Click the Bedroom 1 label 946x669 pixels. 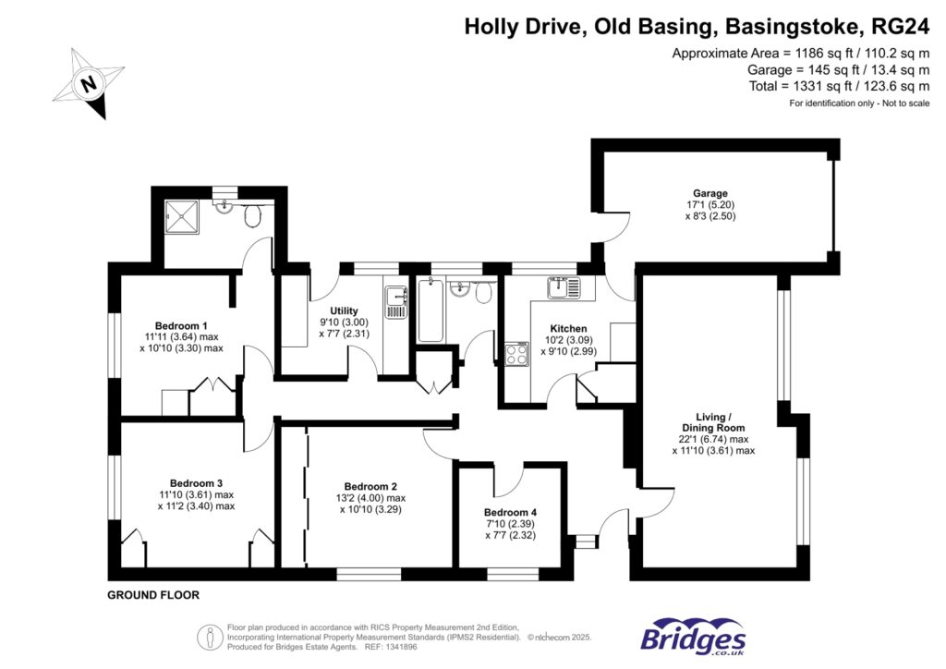[x=181, y=325]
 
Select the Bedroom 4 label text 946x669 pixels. [x=511, y=513]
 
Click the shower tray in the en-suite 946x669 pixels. [x=184, y=219]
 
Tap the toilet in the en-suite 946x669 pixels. [x=253, y=216]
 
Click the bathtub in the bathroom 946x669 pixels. [x=431, y=310]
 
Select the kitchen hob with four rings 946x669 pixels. [x=516, y=355]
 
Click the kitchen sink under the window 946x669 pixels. [x=562, y=288]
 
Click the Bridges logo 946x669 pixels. [x=693, y=637]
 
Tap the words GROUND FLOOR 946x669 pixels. [x=153, y=595]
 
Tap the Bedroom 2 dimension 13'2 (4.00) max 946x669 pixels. [x=370, y=498]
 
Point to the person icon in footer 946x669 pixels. [x=208, y=637]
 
